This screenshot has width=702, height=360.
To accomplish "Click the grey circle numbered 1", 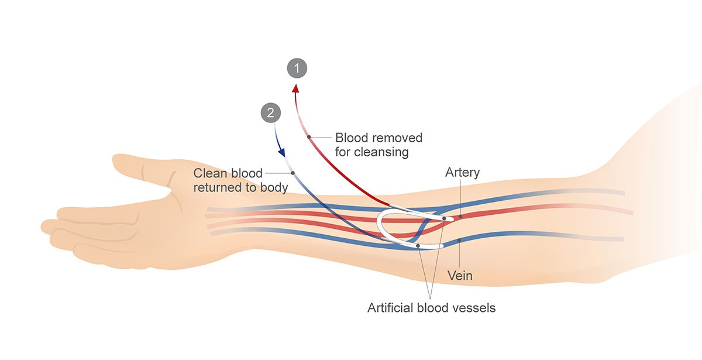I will point(297,68).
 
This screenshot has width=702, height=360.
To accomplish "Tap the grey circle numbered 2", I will point(270,113).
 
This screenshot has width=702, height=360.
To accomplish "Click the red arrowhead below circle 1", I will point(296,88).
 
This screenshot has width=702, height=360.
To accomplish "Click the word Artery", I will point(462,173).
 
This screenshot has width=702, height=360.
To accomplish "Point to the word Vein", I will point(459,275).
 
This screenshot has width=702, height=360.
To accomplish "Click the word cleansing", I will point(371,153).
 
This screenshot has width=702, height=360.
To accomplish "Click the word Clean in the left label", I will point(209,173).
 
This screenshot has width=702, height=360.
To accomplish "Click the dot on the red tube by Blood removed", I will point(309,137).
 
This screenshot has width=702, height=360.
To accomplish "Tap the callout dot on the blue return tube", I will point(292,173).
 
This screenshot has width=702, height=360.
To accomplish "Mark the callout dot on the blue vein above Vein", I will point(460,240).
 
